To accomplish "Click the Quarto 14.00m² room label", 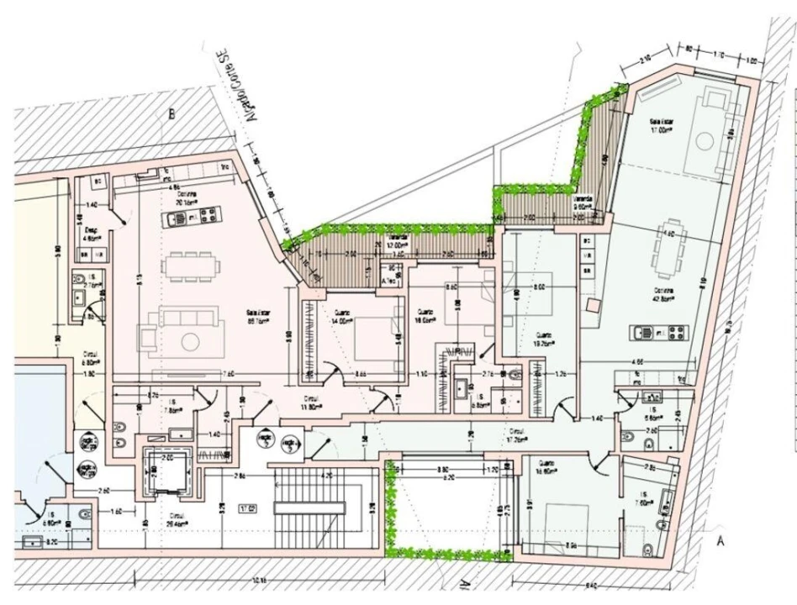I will [x=340, y=318].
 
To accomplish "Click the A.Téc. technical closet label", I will [x=389, y=281].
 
